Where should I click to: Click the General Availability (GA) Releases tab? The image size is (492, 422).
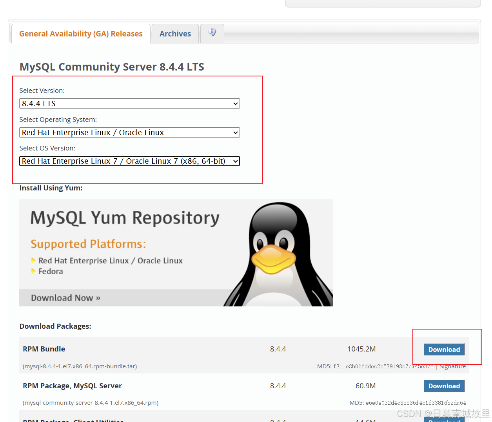[x=81, y=34]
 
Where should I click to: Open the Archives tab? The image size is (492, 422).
[x=175, y=34]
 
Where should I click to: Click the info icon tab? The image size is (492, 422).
[x=212, y=33]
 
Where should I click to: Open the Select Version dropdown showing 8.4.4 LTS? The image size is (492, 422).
[x=129, y=103]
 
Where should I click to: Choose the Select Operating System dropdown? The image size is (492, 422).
[x=129, y=132]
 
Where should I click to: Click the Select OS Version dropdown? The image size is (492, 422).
[x=129, y=161]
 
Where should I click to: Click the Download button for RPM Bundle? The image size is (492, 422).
[x=444, y=350]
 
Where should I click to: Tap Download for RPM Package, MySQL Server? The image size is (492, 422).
[x=444, y=386]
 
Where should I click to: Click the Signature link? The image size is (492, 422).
[x=453, y=366]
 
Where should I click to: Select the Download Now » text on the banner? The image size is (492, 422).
[x=65, y=298]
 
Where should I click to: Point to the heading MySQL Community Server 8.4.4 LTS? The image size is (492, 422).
[x=112, y=67]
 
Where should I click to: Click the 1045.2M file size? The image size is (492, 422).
[x=361, y=349]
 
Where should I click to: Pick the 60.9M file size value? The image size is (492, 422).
[x=365, y=386]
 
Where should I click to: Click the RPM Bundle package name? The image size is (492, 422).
[x=44, y=349]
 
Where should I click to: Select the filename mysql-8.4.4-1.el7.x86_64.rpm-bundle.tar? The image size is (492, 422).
[x=80, y=366]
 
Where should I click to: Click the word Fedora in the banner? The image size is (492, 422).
[x=51, y=272]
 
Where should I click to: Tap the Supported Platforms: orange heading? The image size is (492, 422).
[x=88, y=244]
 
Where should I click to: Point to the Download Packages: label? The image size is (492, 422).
[x=55, y=326]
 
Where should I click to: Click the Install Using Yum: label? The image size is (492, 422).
[x=51, y=188]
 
